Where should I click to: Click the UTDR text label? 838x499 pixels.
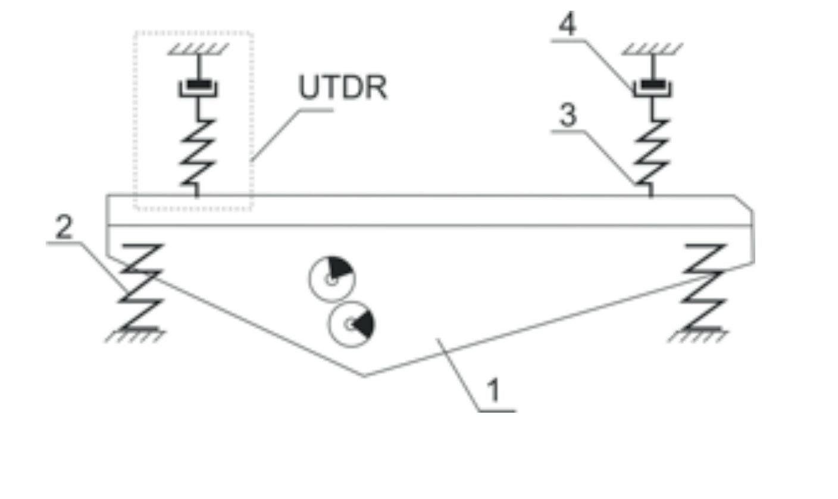tap(343, 88)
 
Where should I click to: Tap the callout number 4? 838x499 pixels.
tap(568, 24)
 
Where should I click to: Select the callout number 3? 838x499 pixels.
tap(568, 114)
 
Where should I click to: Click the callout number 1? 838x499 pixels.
tap(494, 390)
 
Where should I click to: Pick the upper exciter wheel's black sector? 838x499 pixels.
tap(340, 267)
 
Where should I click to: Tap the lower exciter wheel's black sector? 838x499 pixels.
tap(364, 323)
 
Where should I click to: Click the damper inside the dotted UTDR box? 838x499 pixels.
tap(198, 88)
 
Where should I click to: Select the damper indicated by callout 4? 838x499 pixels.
tap(652, 88)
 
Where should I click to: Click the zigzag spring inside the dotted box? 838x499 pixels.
tap(198, 152)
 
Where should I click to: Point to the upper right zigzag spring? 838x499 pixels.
tap(652, 152)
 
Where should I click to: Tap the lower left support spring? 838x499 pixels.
tap(140, 287)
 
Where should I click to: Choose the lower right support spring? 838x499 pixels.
tap(704, 287)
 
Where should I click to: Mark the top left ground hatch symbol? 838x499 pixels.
tap(198, 49)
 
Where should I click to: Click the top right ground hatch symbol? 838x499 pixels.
tap(652, 49)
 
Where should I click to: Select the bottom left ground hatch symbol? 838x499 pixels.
tap(136, 336)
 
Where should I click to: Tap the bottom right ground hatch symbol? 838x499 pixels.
tap(699, 336)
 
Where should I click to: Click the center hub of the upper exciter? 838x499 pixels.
tap(331, 279)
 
